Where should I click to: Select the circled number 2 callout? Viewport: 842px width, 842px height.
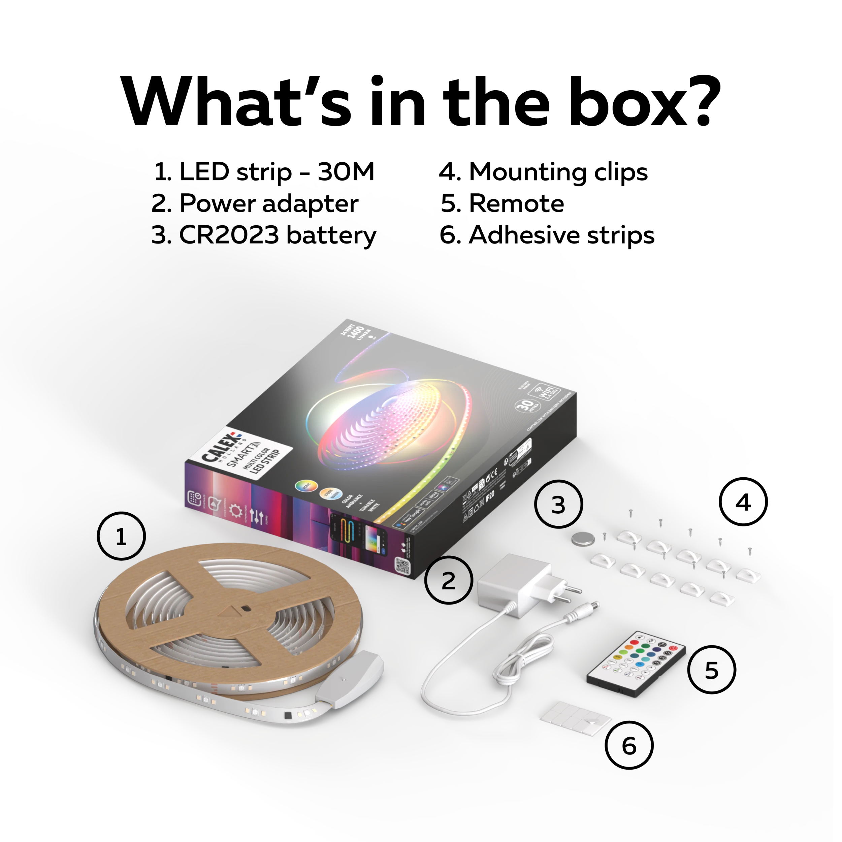(x=449, y=580)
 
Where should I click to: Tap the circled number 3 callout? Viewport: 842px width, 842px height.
(x=558, y=504)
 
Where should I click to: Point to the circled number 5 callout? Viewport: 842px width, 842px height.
(x=711, y=670)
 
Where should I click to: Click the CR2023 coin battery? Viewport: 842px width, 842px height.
(x=583, y=540)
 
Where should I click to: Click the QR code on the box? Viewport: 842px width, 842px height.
(x=402, y=565)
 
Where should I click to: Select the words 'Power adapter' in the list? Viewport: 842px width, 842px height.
(x=268, y=203)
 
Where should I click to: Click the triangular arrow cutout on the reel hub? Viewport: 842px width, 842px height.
(x=227, y=611)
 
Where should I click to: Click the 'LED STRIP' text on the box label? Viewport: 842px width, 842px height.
(x=266, y=460)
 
